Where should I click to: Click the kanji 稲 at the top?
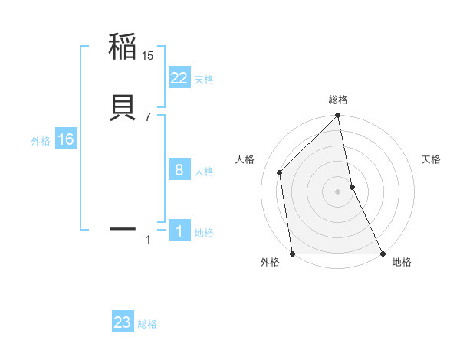pyautogui.click(x=123, y=47)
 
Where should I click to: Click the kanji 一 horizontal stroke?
pyautogui.click(x=123, y=228)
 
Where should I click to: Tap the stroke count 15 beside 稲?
pyautogui.click(x=148, y=56)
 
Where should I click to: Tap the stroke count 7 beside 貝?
pyautogui.click(x=148, y=116)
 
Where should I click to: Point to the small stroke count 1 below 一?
pyautogui.click(x=148, y=241)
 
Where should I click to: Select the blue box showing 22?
pyautogui.click(x=179, y=77)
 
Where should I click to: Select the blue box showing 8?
pyautogui.click(x=179, y=169)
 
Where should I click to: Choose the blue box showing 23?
pyautogui.click(x=123, y=322)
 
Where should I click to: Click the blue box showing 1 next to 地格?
pyautogui.click(x=179, y=231)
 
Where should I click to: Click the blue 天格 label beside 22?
pyautogui.click(x=204, y=79)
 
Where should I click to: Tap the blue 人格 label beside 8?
pyautogui.click(x=204, y=171)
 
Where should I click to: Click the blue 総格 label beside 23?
pyautogui.click(x=147, y=323)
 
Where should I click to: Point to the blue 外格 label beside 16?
pyautogui.click(x=40, y=140)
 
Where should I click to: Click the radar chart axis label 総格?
pyautogui.click(x=338, y=100)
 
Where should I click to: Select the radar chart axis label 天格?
pyautogui.click(x=432, y=159)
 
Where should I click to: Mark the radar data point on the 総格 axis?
pyautogui.click(x=338, y=116)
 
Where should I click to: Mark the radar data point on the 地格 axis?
pyautogui.click(x=383, y=254)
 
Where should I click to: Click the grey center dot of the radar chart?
pyautogui.click(x=338, y=191)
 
